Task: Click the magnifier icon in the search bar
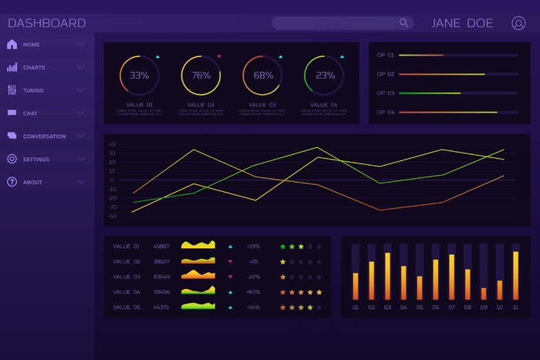tap(403, 23)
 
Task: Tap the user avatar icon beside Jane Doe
tap(518, 23)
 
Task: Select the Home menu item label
tap(32, 45)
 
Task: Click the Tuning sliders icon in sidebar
tap(12, 90)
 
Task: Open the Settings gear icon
tap(12, 160)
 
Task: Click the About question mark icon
tap(12, 183)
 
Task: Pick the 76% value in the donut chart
tap(201, 76)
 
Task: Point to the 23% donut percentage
tap(325, 76)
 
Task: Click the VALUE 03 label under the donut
tap(263, 105)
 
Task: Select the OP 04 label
tap(385, 113)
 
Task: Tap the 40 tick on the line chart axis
tap(112, 144)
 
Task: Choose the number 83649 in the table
tap(161, 277)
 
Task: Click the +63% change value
tap(253, 292)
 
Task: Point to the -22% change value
tap(253, 277)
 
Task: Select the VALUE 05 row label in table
tap(127, 308)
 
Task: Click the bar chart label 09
tap(484, 308)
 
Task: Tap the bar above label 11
tap(516, 275)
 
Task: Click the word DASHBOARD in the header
tap(46, 23)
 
